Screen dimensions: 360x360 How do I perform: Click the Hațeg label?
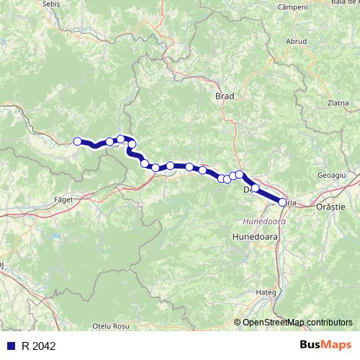click(x=266, y=293)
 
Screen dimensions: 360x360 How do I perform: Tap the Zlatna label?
click(x=338, y=103)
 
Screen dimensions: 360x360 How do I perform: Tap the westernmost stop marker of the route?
click(x=78, y=141)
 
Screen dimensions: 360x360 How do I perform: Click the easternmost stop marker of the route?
click(x=282, y=203)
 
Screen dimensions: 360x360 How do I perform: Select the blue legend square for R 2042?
click(x=11, y=346)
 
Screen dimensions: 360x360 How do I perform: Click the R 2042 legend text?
click(x=37, y=346)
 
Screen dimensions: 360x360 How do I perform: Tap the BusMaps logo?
click(x=325, y=346)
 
